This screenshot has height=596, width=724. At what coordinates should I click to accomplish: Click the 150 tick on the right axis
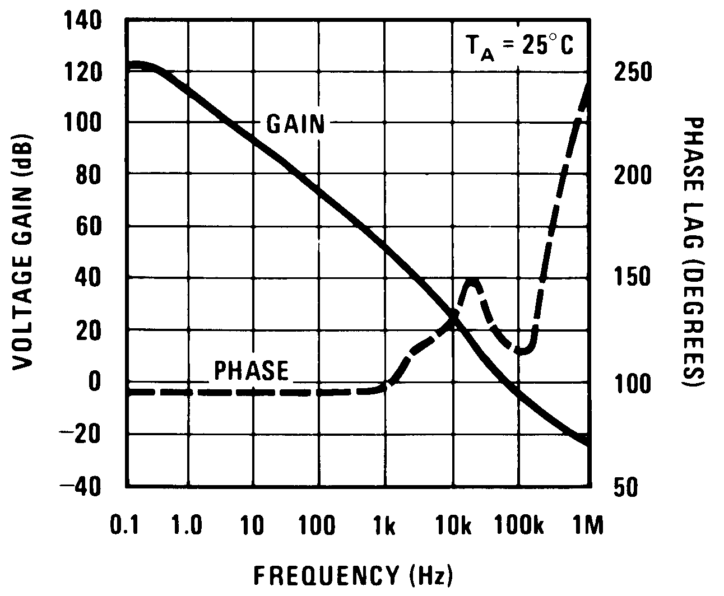[x=633, y=278]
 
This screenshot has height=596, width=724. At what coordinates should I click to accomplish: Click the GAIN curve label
[x=295, y=124]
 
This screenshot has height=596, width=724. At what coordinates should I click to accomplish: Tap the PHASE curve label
[x=252, y=371]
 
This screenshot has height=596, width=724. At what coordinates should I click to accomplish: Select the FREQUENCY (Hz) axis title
[x=354, y=575]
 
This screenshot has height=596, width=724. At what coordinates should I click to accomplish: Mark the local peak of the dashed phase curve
[x=472, y=281]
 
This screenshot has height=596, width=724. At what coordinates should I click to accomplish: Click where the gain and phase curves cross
[x=454, y=319]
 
